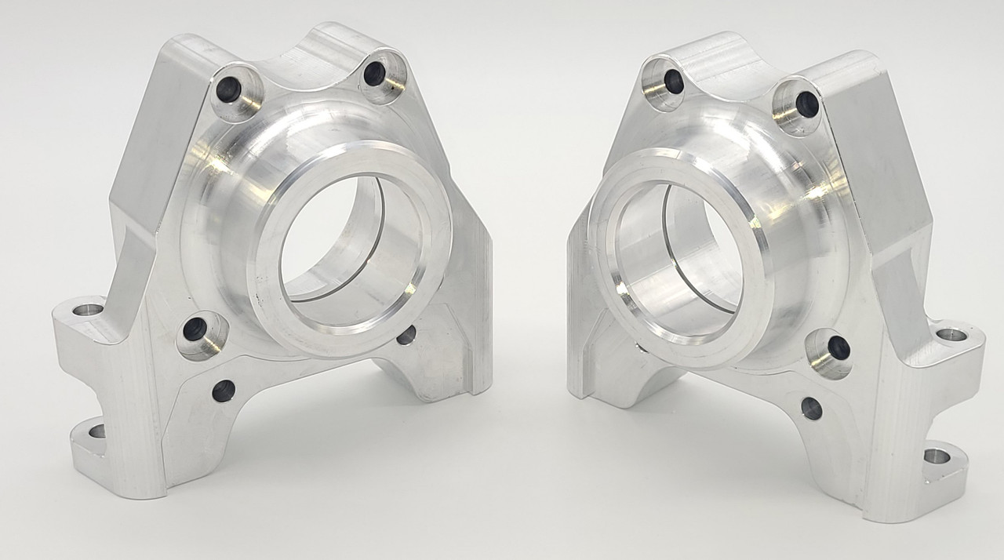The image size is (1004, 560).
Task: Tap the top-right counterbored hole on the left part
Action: pos(375,74)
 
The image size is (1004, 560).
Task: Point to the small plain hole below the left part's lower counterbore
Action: pos(224,390)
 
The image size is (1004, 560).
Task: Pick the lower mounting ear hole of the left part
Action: pos(96,431)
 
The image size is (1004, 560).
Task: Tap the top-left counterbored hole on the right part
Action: pos(673,80)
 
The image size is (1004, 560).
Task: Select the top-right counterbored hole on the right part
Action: pos(806,104)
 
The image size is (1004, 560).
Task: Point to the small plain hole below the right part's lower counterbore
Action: pos(812,409)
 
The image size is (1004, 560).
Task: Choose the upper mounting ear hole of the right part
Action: pos(951,335)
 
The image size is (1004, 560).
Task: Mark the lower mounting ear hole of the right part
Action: pos(937,456)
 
